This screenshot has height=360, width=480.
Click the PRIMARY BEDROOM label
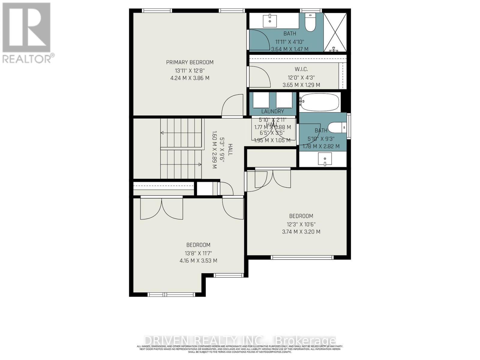190,62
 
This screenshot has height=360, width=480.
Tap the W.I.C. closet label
301,70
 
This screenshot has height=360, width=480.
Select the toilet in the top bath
310,22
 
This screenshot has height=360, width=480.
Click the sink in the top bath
270,21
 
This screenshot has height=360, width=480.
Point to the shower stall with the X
335,32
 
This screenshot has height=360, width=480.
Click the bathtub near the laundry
320,102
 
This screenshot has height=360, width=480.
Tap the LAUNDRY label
272,111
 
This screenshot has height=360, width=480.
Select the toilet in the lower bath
337,127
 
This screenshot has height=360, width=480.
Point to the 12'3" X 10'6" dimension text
301,224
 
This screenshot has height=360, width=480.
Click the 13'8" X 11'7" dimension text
198,253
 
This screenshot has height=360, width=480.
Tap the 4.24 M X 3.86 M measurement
190,78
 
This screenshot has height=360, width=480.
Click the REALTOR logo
27,33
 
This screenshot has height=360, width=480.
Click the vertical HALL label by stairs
230,149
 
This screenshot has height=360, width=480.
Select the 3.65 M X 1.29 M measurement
301,85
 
